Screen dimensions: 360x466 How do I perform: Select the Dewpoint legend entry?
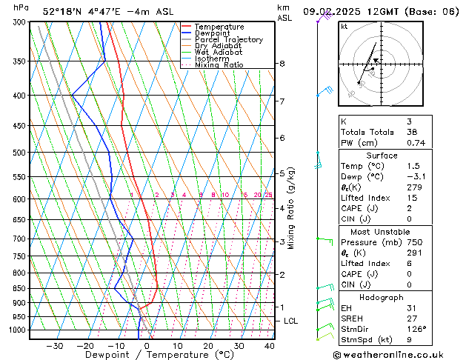[215, 33]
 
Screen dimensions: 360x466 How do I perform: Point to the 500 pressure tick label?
[18, 153]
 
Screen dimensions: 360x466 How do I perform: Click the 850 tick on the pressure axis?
[18, 288]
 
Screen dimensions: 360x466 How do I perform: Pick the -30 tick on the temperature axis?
[54, 346]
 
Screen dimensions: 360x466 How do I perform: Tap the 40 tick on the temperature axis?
[270, 346]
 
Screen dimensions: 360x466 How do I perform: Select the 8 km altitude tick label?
[282, 64]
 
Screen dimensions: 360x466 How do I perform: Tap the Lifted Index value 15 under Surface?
[412, 198]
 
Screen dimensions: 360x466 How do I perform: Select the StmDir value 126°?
[416, 329]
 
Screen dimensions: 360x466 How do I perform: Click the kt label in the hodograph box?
[344, 27]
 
